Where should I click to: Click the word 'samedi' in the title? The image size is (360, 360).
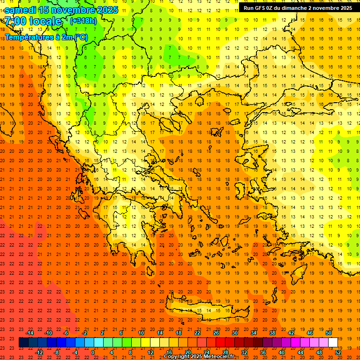coord(21,10)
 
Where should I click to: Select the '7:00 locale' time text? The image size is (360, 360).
coord(33,21)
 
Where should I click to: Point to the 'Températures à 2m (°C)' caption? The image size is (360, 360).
coord(46,37)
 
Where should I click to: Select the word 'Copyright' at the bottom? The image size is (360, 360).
coord(177,356)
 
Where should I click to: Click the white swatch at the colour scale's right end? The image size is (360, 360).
coord(333,343)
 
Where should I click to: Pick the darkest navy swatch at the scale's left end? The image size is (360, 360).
coord(23,343)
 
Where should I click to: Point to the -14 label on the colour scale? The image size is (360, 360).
coord(30,333)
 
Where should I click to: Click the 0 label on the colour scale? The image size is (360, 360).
coord(93,352)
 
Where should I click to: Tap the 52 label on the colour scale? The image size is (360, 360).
coord(338,352)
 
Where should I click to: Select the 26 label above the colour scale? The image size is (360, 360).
coord(216,333)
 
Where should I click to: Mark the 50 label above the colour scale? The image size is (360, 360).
coord(329,333)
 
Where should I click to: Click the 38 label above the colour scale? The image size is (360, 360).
coord(272,333)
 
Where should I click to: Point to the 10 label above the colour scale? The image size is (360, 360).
coord(141,333)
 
